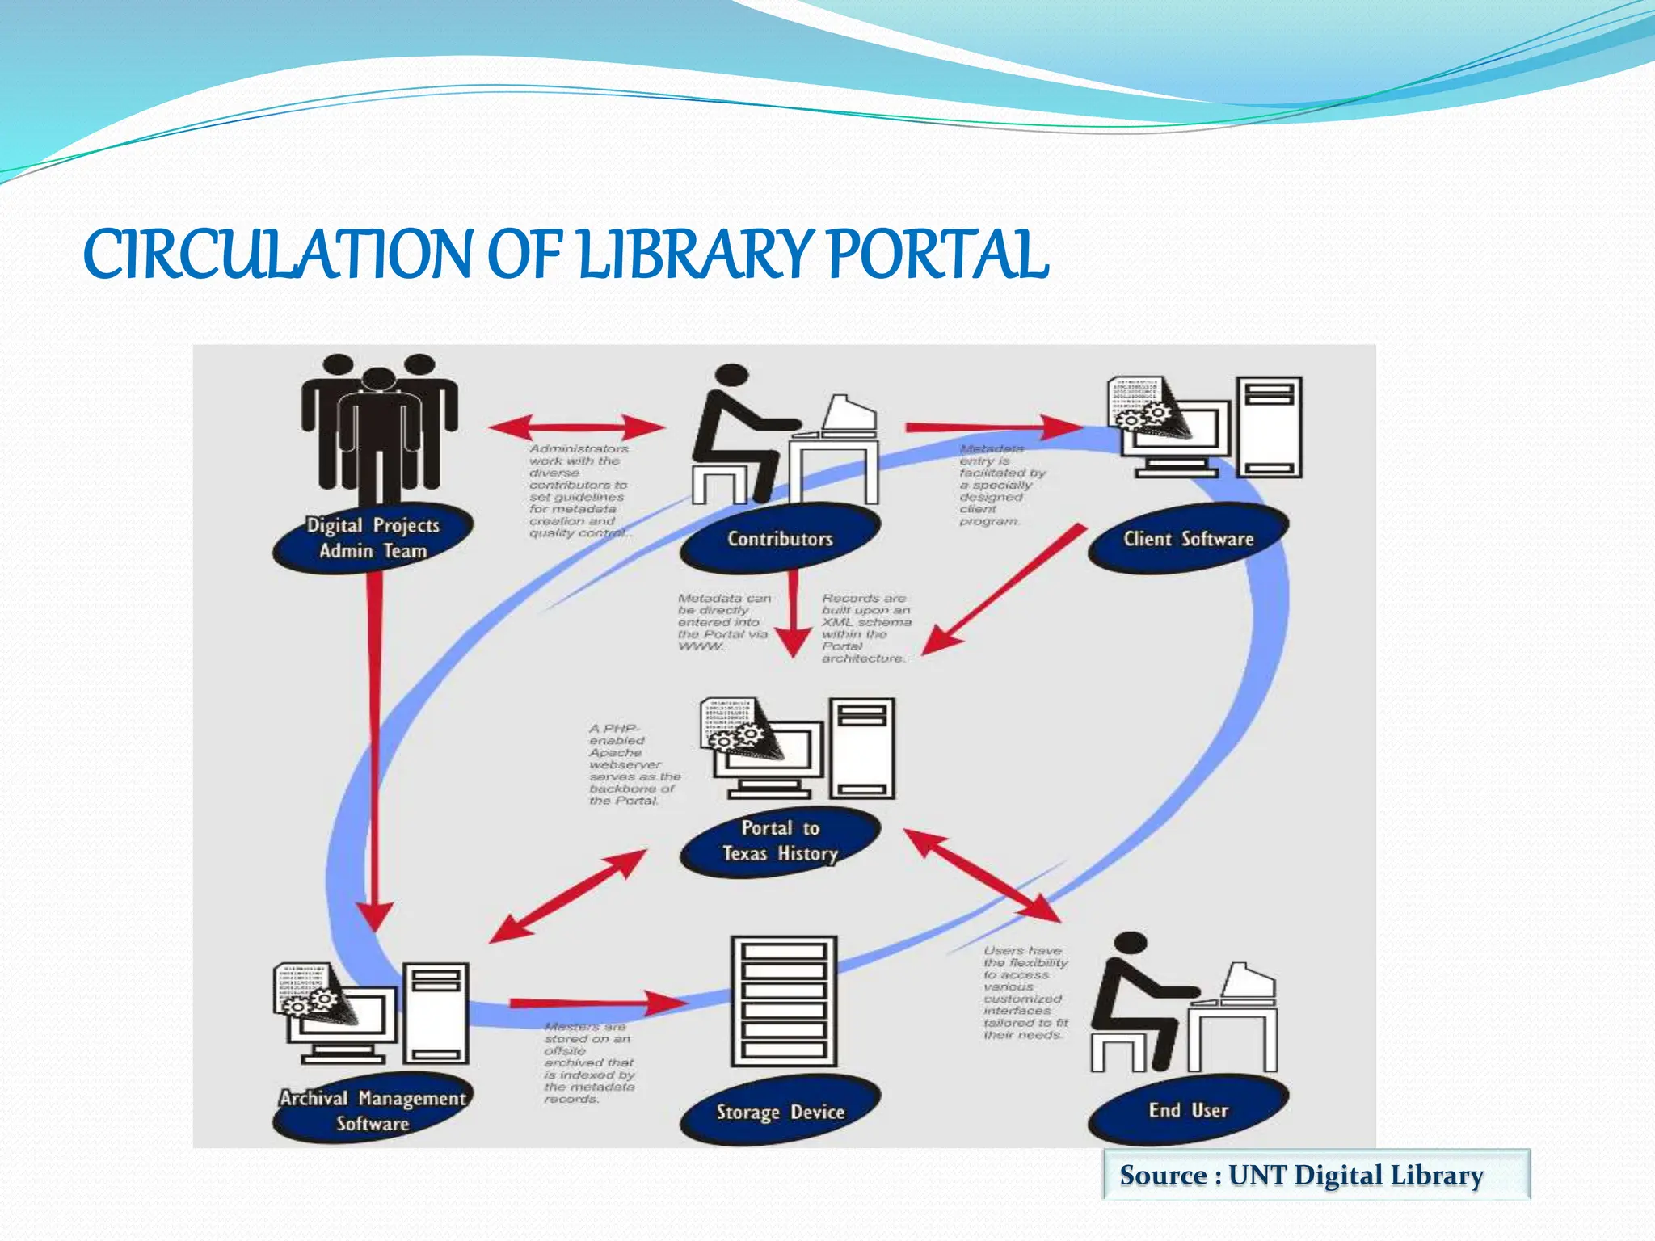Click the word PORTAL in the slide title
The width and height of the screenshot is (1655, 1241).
point(937,255)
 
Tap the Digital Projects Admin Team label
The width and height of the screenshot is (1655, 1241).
point(373,538)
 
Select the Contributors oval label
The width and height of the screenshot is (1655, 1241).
point(780,539)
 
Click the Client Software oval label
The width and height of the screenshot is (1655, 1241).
point(1188,539)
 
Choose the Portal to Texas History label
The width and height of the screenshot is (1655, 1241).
point(780,840)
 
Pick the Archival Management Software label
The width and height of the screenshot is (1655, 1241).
point(373,1110)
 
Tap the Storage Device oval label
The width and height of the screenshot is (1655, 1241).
point(780,1112)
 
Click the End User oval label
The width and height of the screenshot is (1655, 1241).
point(1188,1110)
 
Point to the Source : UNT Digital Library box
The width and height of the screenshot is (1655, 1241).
point(1316,1175)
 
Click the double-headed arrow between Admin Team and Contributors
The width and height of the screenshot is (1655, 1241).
point(577,427)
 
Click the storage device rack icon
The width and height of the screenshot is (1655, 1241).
point(783,1002)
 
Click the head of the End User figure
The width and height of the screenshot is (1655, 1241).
point(1129,946)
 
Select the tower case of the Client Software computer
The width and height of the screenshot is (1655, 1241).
point(1270,427)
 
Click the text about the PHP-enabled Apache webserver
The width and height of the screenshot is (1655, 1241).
point(633,764)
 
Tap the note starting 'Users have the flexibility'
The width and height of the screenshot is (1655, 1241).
point(1025,993)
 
